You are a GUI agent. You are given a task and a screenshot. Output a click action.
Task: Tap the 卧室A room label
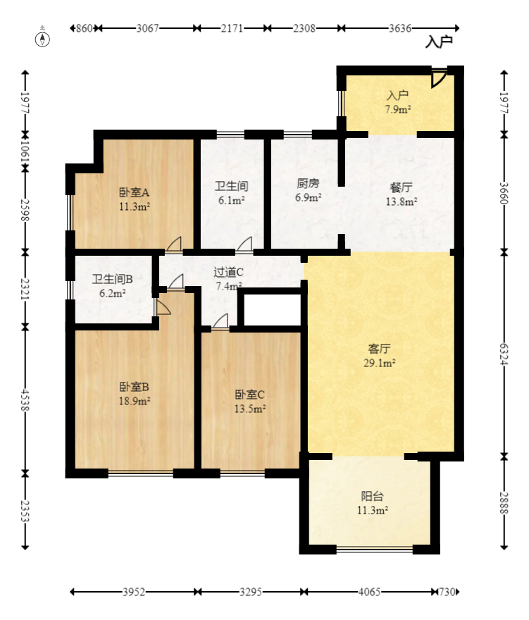(x=134, y=192)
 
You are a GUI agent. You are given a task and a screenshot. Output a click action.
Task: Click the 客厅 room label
(x=380, y=349)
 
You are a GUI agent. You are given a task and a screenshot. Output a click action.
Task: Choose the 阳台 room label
(x=373, y=496)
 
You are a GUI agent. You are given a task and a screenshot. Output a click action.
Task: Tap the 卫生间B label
(x=113, y=278)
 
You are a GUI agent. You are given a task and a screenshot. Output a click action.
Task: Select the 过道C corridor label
(x=229, y=272)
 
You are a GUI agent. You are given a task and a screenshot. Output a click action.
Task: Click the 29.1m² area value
(x=380, y=364)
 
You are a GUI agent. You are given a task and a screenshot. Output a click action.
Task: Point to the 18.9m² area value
(x=134, y=401)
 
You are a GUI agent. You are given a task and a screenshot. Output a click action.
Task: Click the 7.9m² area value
(x=398, y=109)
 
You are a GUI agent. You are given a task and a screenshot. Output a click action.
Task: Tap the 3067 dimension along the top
(x=148, y=28)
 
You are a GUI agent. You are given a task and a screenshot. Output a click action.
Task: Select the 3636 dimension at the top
(x=400, y=28)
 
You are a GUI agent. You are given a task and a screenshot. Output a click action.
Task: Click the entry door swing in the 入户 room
(x=438, y=77)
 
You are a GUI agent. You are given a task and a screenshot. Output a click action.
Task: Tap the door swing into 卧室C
(x=220, y=321)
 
